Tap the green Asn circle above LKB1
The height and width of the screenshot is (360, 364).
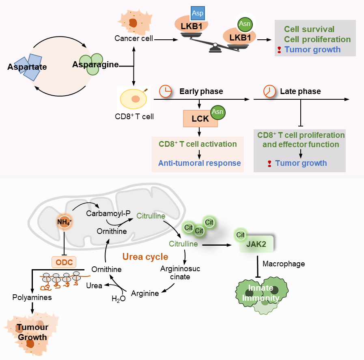[245, 24]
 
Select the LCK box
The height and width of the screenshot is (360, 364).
[200, 118]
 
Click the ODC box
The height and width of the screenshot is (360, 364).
[65, 262]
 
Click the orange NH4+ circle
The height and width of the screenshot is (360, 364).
[65, 222]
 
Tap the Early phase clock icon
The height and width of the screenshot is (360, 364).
[165, 92]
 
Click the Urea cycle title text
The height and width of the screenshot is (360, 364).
[145, 257]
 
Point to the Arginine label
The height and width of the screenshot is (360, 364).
[145, 293]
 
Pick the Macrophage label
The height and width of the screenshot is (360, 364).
[284, 264]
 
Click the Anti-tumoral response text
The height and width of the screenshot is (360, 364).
[200, 163]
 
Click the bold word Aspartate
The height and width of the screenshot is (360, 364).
[27, 67]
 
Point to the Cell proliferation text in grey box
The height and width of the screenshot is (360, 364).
[317, 39]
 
